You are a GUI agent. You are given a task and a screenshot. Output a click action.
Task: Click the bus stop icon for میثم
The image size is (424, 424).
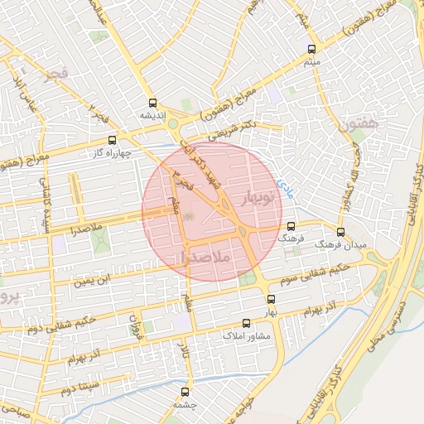[x=311, y=49]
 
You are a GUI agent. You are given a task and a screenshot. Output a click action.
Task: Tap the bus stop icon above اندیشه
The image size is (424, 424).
[x=152, y=104]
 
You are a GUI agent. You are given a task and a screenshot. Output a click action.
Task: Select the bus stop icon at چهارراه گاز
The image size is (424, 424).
[x=113, y=141]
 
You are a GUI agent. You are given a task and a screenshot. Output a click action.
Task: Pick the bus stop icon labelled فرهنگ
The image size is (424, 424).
[x=290, y=226]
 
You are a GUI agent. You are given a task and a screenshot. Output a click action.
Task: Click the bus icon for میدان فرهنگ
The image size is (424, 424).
[x=340, y=232]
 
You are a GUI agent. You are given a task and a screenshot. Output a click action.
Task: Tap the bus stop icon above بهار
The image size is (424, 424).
[x=270, y=299]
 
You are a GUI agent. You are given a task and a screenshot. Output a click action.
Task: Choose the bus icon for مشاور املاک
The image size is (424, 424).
[x=245, y=324]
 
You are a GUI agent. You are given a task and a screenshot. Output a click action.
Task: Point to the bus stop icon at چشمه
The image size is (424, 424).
[x=184, y=393]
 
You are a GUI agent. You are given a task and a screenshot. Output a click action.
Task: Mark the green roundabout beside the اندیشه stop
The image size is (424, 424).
[x=173, y=124]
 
